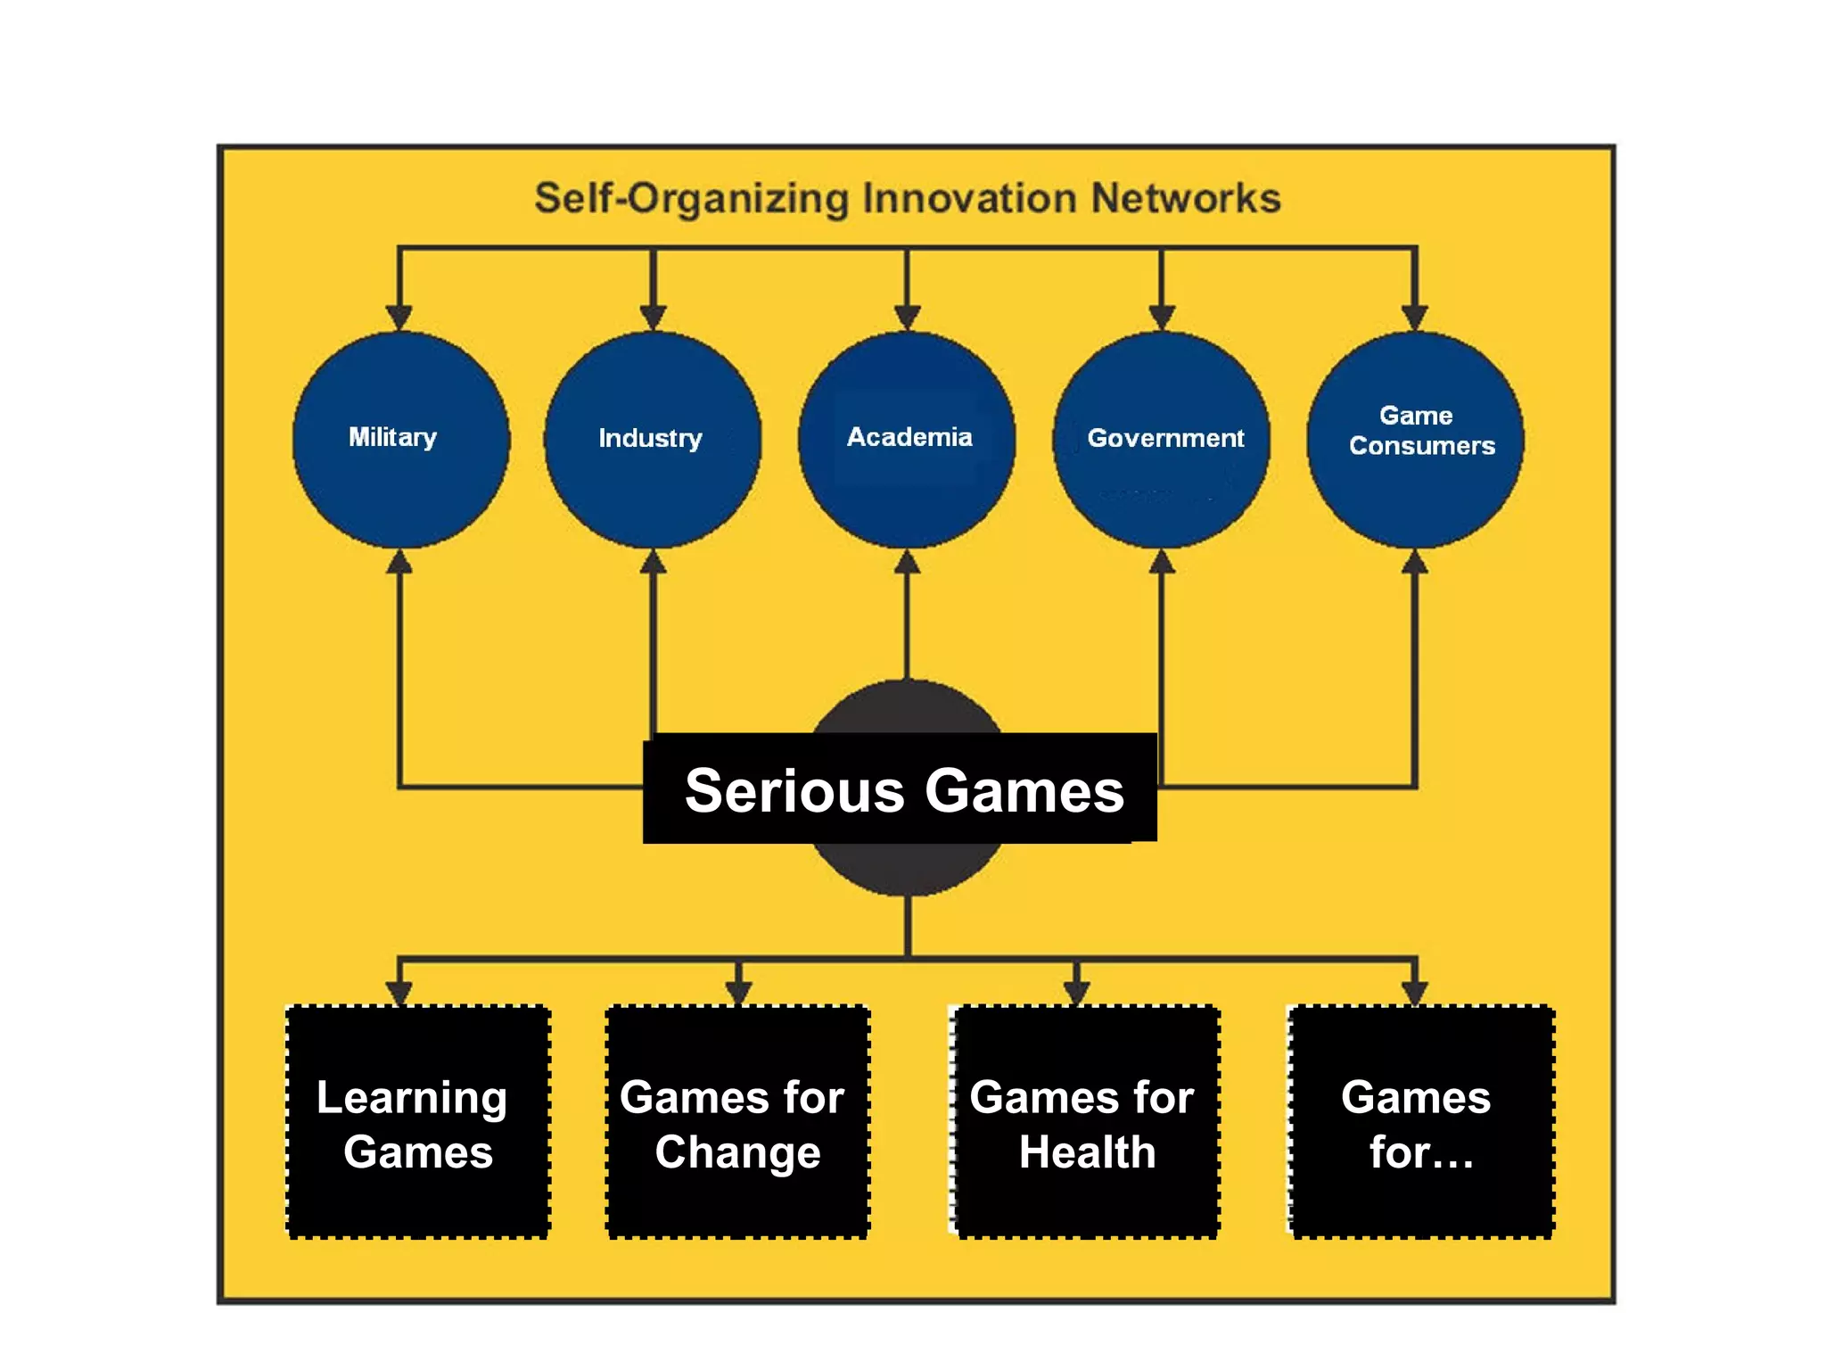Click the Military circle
click(400, 439)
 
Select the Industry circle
click(653, 439)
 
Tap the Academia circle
click(907, 439)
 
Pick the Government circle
click(1161, 439)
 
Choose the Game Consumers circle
click(1415, 439)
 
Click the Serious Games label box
click(901, 788)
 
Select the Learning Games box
click(417, 1122)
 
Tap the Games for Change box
click(737, 1122)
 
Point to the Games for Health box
click(1083, 1122)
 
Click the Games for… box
click(1421, 1122)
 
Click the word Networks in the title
click(1186, 198)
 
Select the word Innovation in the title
click(970, 198)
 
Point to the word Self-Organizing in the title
click(692, 198)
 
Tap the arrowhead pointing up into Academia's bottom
click(907, 562)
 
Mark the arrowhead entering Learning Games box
click(399, 993)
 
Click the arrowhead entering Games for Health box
click(1076, 993)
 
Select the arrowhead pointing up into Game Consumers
click(1415, 562)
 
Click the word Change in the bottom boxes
click(737, 1152)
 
